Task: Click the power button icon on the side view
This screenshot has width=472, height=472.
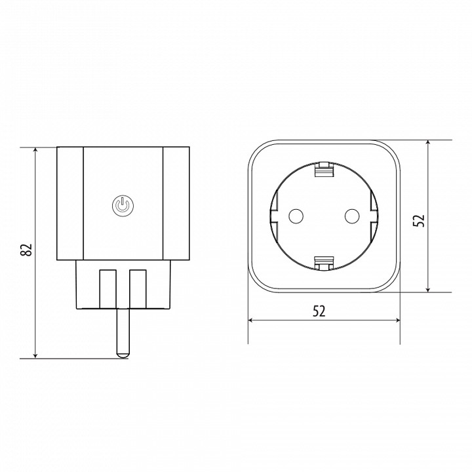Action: point(123,205)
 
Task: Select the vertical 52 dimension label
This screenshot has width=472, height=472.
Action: point(419,220)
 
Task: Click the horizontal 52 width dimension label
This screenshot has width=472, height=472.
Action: point(319,311)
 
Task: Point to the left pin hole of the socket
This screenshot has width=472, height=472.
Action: point(296,216)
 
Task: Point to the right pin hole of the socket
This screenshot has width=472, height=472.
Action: point(351,216)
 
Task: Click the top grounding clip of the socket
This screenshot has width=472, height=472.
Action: point(324,169)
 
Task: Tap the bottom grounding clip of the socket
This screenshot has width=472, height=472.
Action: point(324,264)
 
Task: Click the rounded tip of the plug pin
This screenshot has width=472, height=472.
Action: point(123,355)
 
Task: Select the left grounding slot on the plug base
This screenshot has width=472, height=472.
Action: point(108,289)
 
